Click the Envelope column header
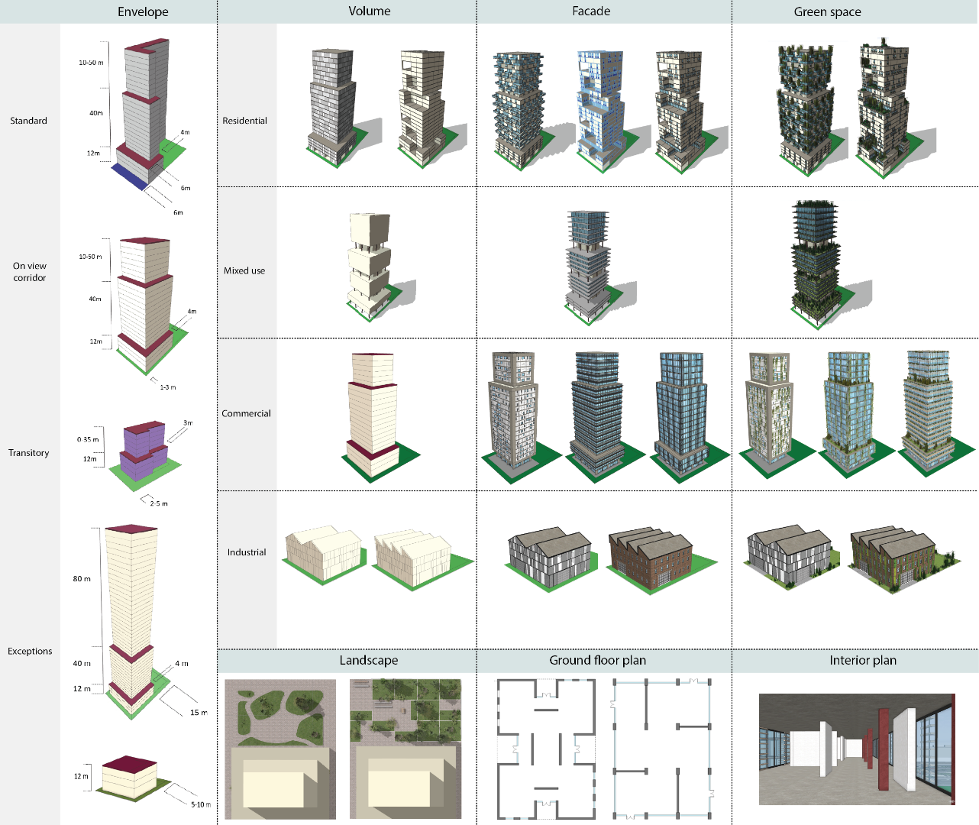pos(143,11)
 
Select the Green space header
pos(827,11)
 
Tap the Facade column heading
pos(591,11)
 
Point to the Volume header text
pos(369,11)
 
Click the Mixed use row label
pos(244,270)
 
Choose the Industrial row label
pos(247,552)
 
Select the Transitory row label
pos(28,452)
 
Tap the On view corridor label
pos(30,271)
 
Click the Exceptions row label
pos(30,651)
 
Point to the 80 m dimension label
pos(82,579)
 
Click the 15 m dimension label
pos(199,713)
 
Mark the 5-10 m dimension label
pos(201,804)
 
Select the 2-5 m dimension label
pos(159,503)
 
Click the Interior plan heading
pos(863,660)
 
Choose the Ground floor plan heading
pos(597,660)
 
